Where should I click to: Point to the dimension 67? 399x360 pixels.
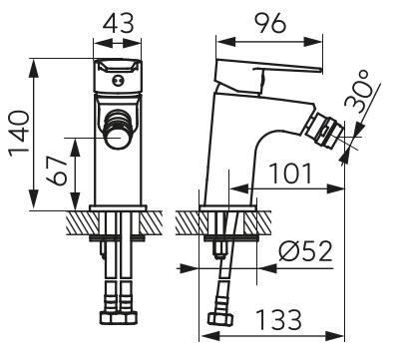(x=60, y=172)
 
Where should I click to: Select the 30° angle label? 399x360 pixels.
(x=370, y=97)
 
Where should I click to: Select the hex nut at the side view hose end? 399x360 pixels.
(x=220, y=322)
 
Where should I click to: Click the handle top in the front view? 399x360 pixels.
(x=119, y=71)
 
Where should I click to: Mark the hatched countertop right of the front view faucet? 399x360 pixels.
(x=158, y=220)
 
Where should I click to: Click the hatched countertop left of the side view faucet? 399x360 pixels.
(x=190, y=220)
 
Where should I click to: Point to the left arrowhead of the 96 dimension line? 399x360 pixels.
(x=222, y=42)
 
